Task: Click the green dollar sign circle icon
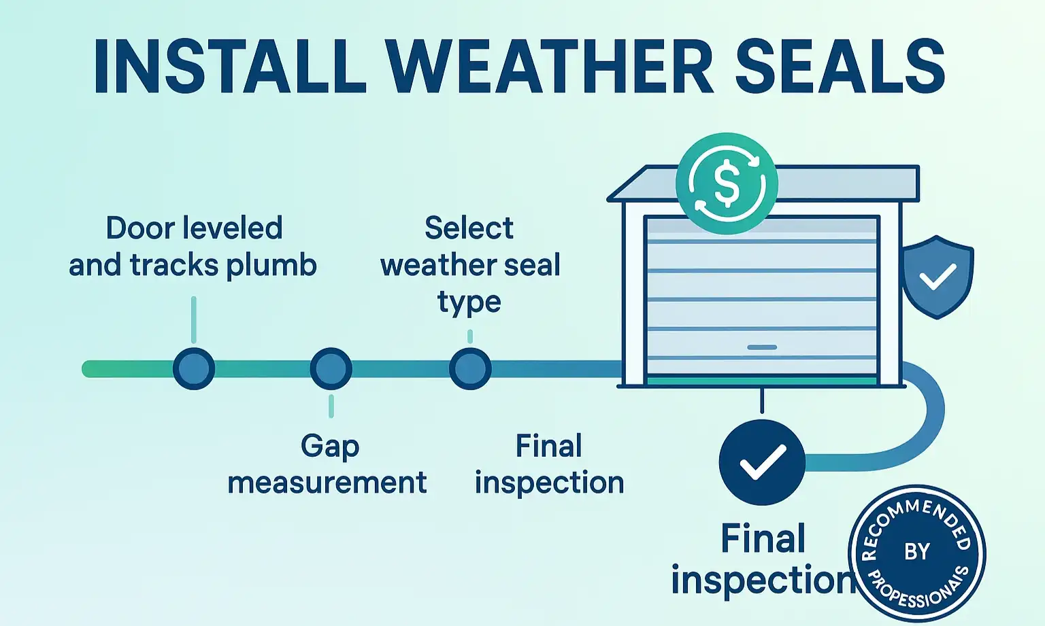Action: pyautogui.click(x=727, y=184)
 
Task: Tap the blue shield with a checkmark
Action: pyautogui.click(x=938, y=276)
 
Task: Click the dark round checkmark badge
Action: pyautogui.click(x=762, y=462)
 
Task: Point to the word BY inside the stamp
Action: pyautogui.click(x=917, y=551)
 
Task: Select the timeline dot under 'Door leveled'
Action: pyautogui.click(x=194, y=368)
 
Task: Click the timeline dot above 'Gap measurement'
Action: pyautogui.click(x=331, y=368)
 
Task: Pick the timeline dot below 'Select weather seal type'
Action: pyautogui.click(x=470, y=368)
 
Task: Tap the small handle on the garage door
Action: pyautogui.click(x=762, y=347)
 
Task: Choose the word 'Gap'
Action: pyautogui.click(x=330, y=447)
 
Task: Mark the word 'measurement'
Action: pyautogui.click(x=327, y=483)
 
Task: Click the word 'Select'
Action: pyautogui.click(x=469, y=228)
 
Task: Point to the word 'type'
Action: pyautogui.click(x=469, y=302)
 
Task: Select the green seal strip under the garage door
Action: pyautogui.click(x=762, y=381)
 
